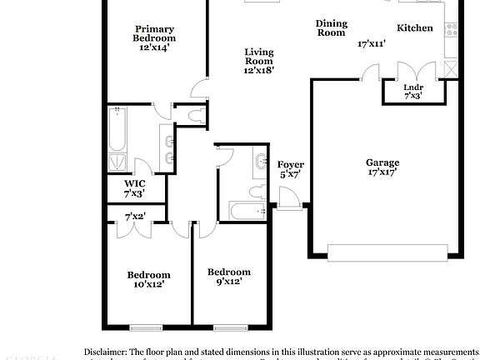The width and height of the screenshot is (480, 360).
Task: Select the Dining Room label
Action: point(331,27)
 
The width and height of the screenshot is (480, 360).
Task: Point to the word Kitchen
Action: point(414,28)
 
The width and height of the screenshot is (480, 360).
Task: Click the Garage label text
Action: point(382,162)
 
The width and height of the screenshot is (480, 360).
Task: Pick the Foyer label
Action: point(290,165)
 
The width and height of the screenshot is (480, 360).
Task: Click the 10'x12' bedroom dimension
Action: point(148,284)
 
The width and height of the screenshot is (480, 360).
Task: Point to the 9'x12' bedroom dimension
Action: point(228,282)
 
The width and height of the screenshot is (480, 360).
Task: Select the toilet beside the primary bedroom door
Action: point(197,116)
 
